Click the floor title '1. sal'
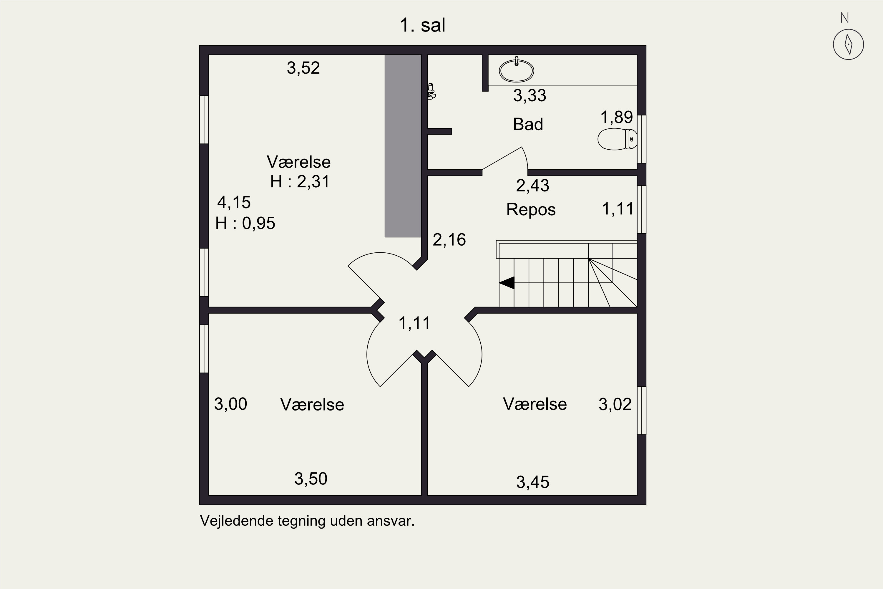pos(422,25)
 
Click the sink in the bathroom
pos(516,70)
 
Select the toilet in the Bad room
pos(617,139)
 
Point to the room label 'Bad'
pos(528,124)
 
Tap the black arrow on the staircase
pos(507,282)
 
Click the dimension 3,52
pos(303,68)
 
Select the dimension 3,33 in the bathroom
pos(530,95)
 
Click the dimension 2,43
pos(533,186)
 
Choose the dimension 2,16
pos(449,240)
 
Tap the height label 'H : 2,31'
pos(300,181)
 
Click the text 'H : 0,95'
pos(245,223)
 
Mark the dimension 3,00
pos(230,404)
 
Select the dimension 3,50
pos(311,479)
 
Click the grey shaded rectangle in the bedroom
pos(403,146)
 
